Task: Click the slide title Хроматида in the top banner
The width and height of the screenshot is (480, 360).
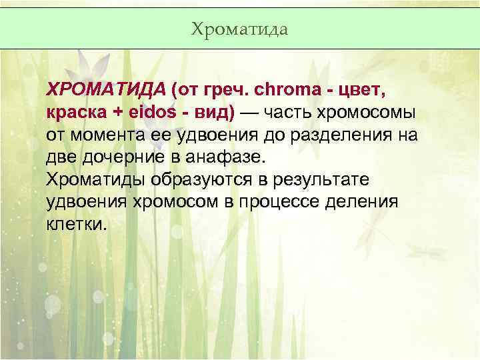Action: click(239, 29)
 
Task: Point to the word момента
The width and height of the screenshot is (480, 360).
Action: click(107, 135)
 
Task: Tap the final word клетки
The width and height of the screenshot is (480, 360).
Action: click(75, 225)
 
